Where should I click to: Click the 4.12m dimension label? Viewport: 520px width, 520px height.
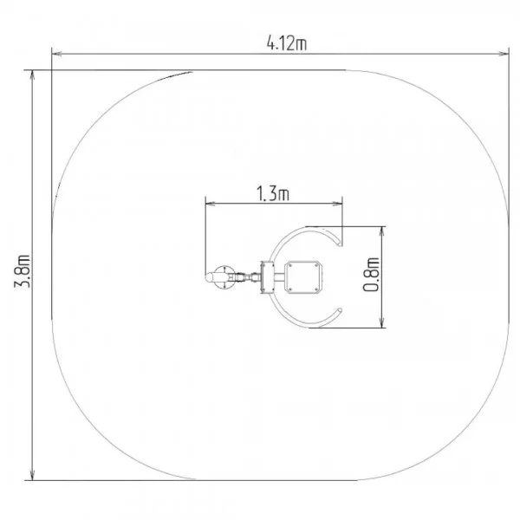(287, 43)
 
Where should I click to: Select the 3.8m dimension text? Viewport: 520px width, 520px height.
(23, 271)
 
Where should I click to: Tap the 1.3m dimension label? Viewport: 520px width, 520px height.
(273, 193)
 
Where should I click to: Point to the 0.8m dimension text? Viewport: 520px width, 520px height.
(371, 274)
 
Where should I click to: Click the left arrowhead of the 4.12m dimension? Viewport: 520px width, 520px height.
(56, 54)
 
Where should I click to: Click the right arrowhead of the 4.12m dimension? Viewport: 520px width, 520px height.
(504, 54)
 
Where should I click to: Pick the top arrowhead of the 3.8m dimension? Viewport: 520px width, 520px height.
(32, 75)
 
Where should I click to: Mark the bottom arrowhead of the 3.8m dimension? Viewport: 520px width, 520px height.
(32, 475)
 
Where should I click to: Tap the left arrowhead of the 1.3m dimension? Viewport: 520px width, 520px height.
(211, 204)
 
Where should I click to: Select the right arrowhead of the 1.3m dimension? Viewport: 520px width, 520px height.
(337, 204)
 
